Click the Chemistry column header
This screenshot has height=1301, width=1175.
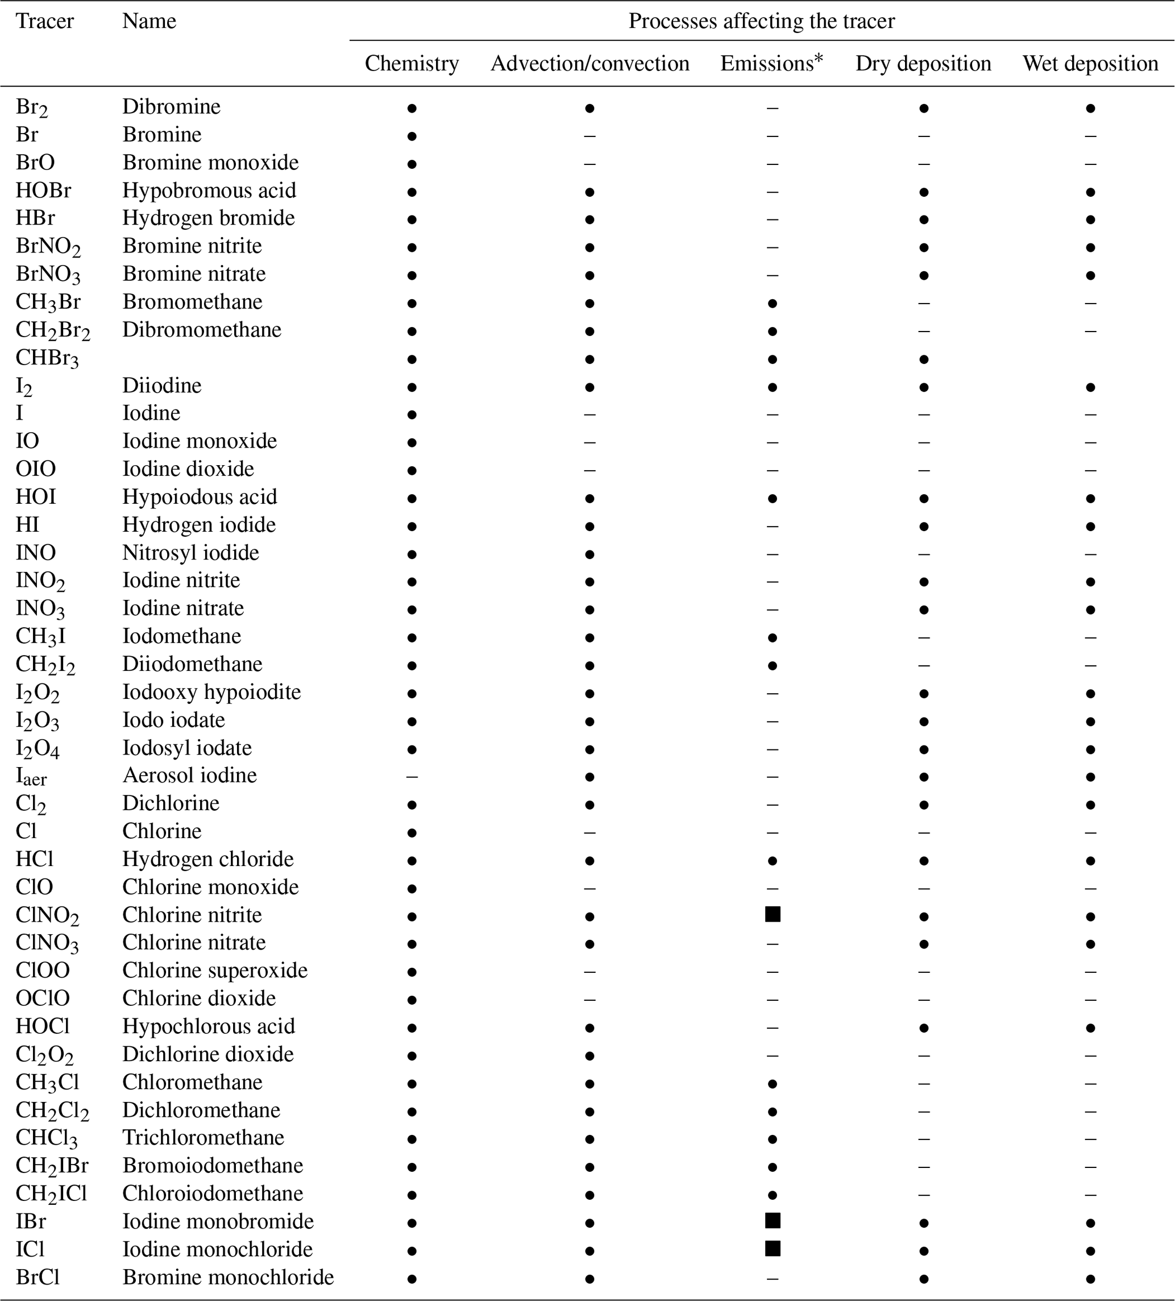click(x=412, y=63)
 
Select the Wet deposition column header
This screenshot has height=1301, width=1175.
click(x=1090, y=63)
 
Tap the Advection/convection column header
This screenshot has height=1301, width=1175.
click(x=589, y=63)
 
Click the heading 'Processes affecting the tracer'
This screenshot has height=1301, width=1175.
click(x=761, y=21)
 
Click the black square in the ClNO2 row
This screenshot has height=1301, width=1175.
click(x=773, y=914)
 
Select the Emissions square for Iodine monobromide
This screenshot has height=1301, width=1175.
click(x=773, y=1220)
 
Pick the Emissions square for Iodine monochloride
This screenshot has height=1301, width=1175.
click(x=773, y=1249)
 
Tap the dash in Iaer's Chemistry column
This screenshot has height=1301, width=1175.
click(x=412, y=776)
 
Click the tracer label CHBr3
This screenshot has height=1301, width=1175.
click(x=47, y=358)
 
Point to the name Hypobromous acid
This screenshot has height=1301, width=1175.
click(x=209, y=190)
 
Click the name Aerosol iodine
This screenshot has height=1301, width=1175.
click(x=190, y=775)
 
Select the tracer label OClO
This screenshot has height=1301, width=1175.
click(x=43, y=998)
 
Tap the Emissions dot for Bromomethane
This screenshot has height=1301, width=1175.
click(x=773, y=303)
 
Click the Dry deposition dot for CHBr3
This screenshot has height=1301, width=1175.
click(x=923, y=359)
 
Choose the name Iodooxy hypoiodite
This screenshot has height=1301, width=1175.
click(x=211, y=692)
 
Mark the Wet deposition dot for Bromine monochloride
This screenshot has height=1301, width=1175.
click(x=1090, y=1278)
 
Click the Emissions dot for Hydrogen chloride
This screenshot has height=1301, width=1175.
click(x=773, y=860)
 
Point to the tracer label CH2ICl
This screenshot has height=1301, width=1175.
click(x=51, y=1193)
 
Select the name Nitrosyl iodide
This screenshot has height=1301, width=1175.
click(x=191, y=552)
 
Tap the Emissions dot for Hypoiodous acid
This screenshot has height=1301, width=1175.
click(x=773, y=498)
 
